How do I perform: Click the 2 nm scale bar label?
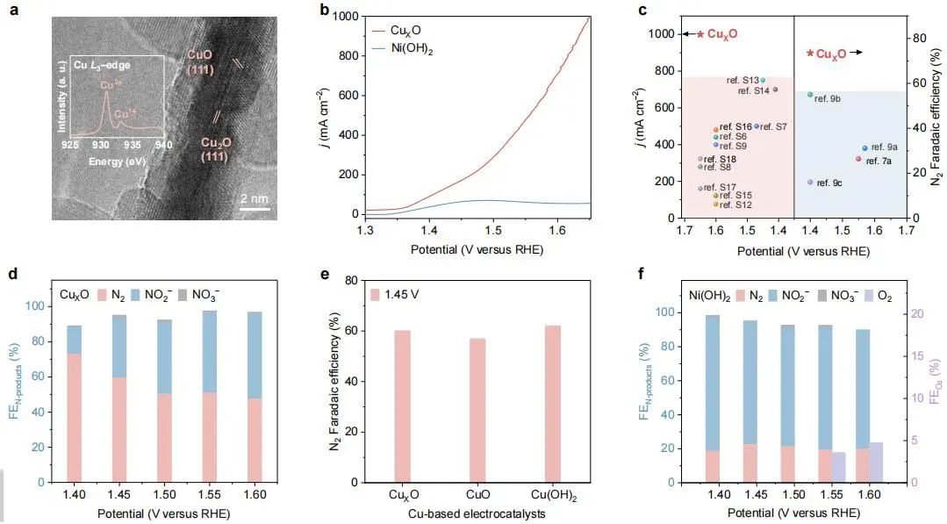[x=254, y=198]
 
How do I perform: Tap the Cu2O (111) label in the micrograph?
[x=217, y=148]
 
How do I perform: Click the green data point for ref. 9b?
[x=810, y=95]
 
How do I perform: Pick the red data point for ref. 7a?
[x=858, y=159]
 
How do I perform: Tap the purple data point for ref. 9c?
[x=810, y=182]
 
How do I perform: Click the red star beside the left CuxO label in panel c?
[x=700, y=33]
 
